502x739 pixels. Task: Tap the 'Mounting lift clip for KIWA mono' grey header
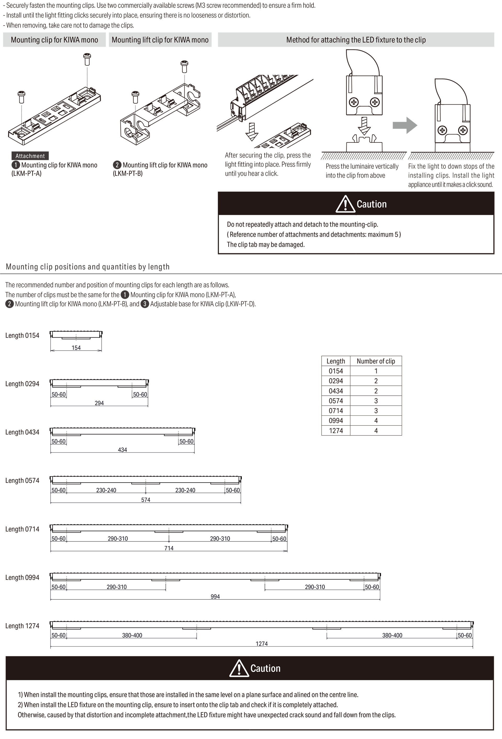[160, 40]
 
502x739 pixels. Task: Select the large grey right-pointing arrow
[405, 125]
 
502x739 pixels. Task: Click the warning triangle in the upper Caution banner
[345, 204]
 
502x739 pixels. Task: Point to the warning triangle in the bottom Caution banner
[239, 668]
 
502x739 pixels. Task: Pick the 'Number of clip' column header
[376, 361]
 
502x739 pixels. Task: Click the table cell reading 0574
[336, 401]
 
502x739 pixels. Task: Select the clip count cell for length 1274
[376, 431]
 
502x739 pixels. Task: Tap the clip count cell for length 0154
[376, 371]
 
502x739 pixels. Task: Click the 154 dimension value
[76, 348]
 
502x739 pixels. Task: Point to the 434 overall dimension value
[122, 450]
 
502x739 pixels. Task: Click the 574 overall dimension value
[146, 500]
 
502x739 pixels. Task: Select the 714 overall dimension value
[169, 548]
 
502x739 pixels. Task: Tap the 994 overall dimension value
[215, 597]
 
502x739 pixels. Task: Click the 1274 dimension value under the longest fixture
[262, 644]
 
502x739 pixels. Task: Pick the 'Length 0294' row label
[22, 384]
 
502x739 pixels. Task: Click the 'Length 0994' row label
[22, 578]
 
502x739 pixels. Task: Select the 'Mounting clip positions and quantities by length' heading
[88, 267]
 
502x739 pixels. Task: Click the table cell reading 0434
[336, 391]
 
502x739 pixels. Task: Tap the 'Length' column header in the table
[336, 361]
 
